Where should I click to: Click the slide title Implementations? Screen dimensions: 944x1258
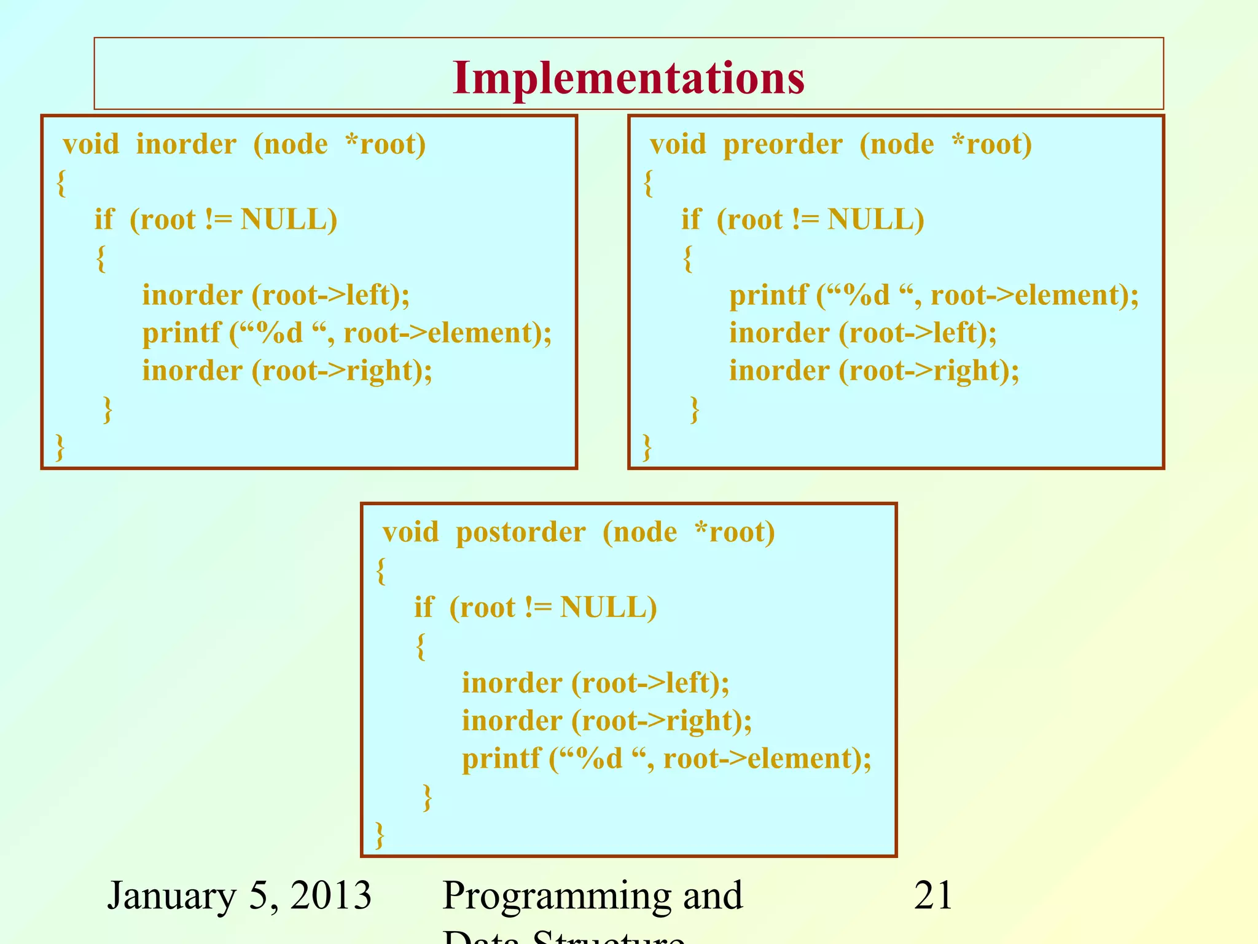point(628,78)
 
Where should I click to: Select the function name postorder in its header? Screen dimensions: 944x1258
point(520,533)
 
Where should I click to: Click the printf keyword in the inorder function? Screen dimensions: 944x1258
point(181,334)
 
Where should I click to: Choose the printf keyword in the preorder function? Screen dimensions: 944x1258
point(768,296)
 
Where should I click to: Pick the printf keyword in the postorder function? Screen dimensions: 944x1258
point(501,759)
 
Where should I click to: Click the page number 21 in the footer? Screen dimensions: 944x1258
point(933,895)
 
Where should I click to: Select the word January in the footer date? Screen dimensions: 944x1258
point(171,895)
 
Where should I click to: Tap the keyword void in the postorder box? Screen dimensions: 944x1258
point(410,533)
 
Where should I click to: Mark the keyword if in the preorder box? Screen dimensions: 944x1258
point(690,220)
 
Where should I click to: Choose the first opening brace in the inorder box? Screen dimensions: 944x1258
point(61,183)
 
